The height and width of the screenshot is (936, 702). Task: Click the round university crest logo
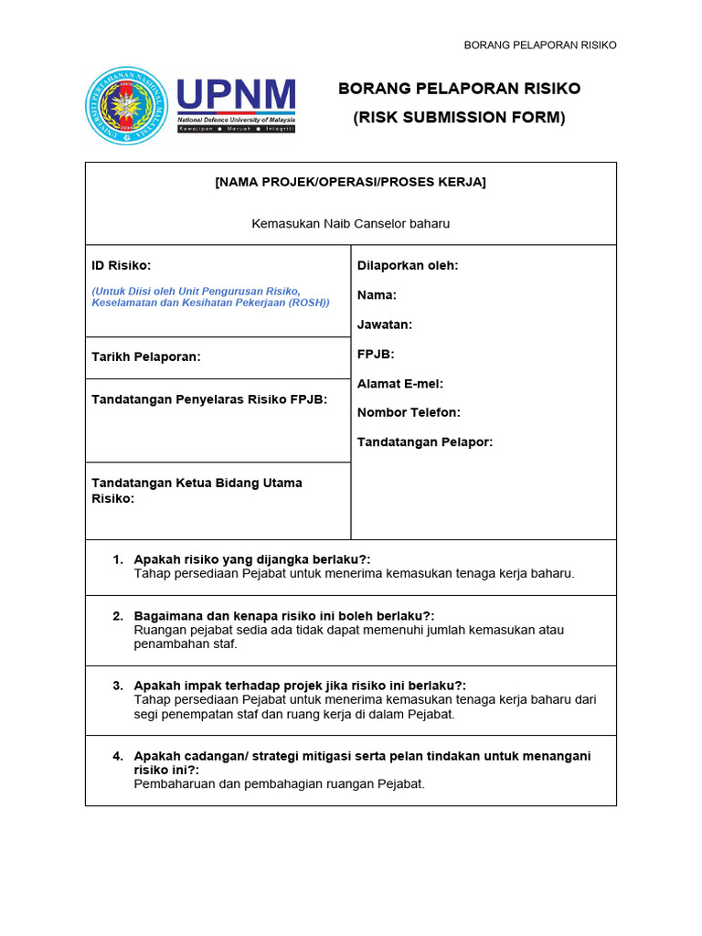click(126, 105)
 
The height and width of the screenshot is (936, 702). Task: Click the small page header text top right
click(540, 45)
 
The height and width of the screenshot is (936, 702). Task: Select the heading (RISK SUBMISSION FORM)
click(460, 117)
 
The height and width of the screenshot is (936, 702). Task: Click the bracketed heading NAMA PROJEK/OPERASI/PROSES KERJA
click(351, 182)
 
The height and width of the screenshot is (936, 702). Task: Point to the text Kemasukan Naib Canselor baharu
click(351, 223)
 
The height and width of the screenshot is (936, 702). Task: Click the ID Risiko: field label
click(122, 265)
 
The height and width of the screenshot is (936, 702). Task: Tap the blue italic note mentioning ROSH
click(210, 296)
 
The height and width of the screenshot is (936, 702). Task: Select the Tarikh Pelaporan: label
click(146, 356)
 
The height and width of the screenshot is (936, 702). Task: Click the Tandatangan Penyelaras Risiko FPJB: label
click(209, 399)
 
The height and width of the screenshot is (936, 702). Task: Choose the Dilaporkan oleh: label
click(408, 265)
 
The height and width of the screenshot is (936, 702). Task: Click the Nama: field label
click(377, 295)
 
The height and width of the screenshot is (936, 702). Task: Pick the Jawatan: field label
click(385, 324)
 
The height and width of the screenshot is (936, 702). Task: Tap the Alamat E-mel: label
click(400, 384)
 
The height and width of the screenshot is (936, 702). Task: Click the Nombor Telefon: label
click(409, 412)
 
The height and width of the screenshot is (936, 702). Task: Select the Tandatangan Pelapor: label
click(425, 441)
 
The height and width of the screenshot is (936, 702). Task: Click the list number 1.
click(118, 559)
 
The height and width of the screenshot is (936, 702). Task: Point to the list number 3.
click(118, 686)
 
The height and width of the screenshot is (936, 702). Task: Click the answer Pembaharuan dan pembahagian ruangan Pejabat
click(280, 783)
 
